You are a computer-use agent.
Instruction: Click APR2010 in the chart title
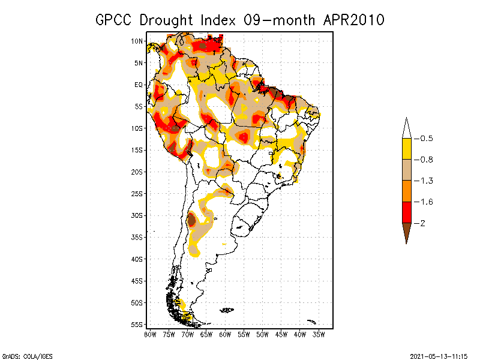click(353, 20)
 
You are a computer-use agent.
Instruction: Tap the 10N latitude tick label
click(137, 41)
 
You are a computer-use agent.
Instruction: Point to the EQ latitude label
click(139, 85)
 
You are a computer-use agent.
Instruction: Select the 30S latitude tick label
click(137, 215)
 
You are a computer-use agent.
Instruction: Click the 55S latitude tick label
click(137, 324)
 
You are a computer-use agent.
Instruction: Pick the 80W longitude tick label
click(150, 334)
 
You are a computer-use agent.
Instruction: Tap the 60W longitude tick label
click(226, 334)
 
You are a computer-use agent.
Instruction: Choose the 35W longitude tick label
click(319, 334)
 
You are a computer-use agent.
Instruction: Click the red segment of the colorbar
click(406, 212)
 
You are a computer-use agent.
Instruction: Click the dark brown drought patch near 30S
click(191, 220)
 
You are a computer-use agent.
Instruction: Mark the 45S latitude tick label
click(137, 281)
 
